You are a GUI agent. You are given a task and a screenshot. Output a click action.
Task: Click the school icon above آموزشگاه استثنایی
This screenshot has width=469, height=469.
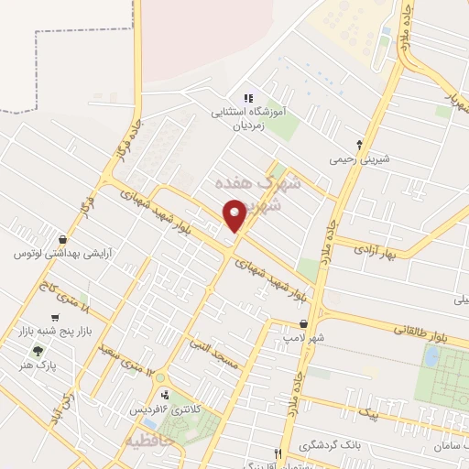pyautogui.click(x=247, y=99)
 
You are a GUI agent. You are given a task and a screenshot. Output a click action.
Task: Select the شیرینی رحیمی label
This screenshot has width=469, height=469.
pyautogui.click(x=359, y=158)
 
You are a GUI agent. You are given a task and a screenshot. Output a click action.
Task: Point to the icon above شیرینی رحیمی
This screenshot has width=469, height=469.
pyautogui.click(x=359, y=143)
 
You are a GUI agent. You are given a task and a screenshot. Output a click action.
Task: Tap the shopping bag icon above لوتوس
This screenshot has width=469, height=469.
pyautogui.click(x=61, y=238)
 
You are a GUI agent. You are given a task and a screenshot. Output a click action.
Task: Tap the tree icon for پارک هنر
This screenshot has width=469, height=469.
pyautogui.click(x=38, y=350)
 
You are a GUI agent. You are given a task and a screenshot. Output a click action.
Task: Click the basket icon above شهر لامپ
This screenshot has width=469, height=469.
pyautogui.click(x=303, y=323)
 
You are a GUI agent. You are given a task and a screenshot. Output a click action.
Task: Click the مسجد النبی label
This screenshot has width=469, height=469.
pyautogui.click(x=213, y=354)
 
